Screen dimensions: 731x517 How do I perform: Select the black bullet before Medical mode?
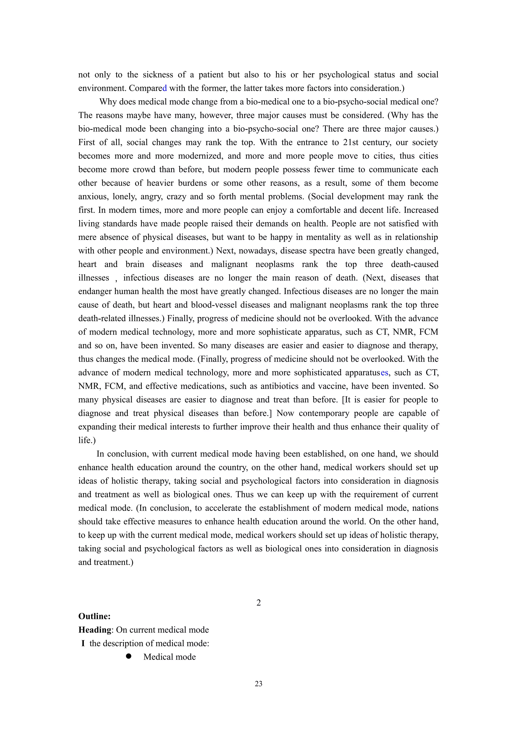pyautogui.click(x=129, y=656)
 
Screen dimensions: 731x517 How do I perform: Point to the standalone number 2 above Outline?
pyautogui.click(x=258, y=602)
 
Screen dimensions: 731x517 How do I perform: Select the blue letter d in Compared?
pyautogui.click(x=165, y=88)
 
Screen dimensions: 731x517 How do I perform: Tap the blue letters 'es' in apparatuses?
pyautogui.click(x=384, y=372)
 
